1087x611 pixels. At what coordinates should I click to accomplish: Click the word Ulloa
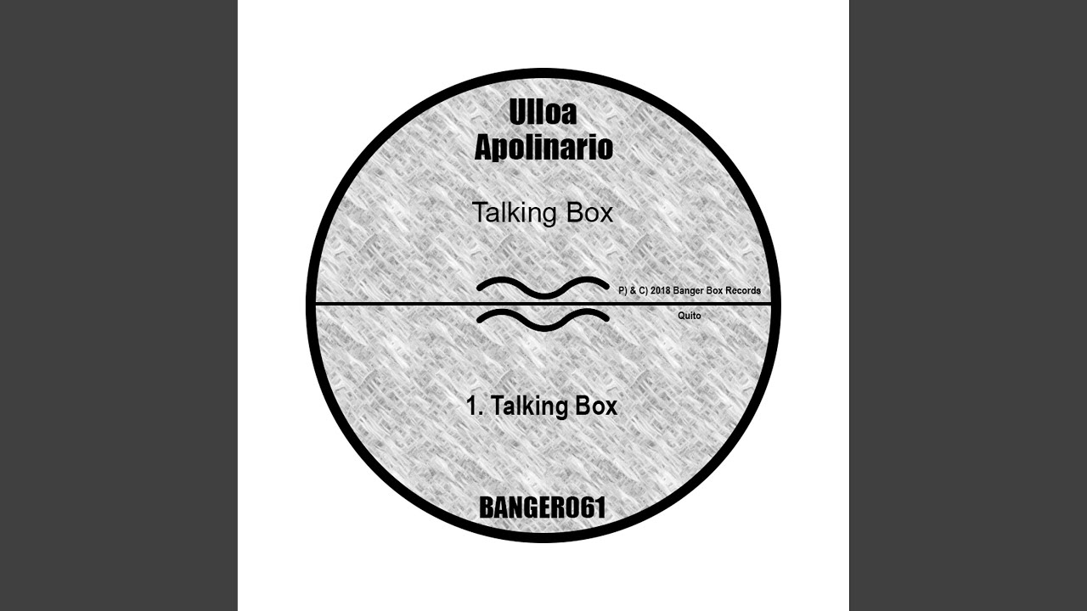tap(543, 112)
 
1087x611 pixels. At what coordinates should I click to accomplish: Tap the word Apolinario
tap(543, 149)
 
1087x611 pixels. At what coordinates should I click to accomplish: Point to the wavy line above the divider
tap(543, 288)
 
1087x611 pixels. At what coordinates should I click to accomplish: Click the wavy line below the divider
tap(543, 320)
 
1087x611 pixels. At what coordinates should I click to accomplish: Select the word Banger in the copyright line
tap(684, 291)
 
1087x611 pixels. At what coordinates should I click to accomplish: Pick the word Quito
tap(689, 316)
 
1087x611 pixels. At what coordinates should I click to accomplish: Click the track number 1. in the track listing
tap(475, 406)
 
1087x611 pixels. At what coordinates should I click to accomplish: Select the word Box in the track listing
tap(596, 406)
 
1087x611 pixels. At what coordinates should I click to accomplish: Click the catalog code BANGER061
tap(543, 508)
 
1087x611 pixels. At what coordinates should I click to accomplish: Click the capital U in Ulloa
tap(517, 112)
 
